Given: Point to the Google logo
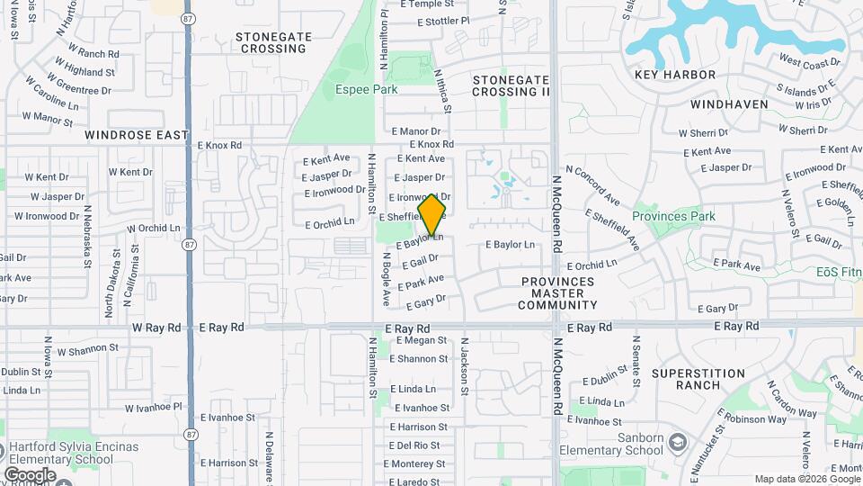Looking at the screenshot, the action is (x=30, y=474).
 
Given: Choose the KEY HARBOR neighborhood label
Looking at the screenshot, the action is (x=675, y=75).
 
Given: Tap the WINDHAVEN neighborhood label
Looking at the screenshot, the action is (x=729, y=104).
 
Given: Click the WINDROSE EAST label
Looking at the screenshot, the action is (x=137, y=135).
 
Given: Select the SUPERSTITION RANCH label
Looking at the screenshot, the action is (x=698, y=379).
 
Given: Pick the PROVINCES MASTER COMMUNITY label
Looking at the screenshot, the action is (x=557, y=293).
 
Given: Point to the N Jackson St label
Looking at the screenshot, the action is (x=465, y=366).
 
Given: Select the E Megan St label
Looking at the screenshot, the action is (x=418, y=340).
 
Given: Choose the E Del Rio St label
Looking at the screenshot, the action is (x=414, y=445).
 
